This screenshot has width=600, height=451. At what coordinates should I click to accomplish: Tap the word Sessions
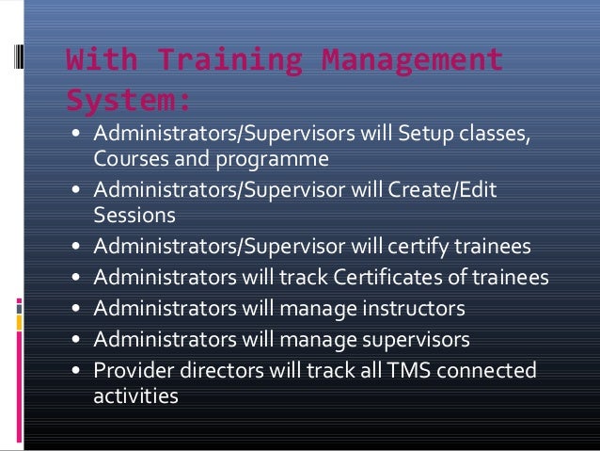point(134,216)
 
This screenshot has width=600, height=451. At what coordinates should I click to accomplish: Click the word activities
point(136,395)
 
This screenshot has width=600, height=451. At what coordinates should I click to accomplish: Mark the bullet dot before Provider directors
point(75,370)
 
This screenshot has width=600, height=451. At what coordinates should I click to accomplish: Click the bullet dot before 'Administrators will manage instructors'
point(75,309)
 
